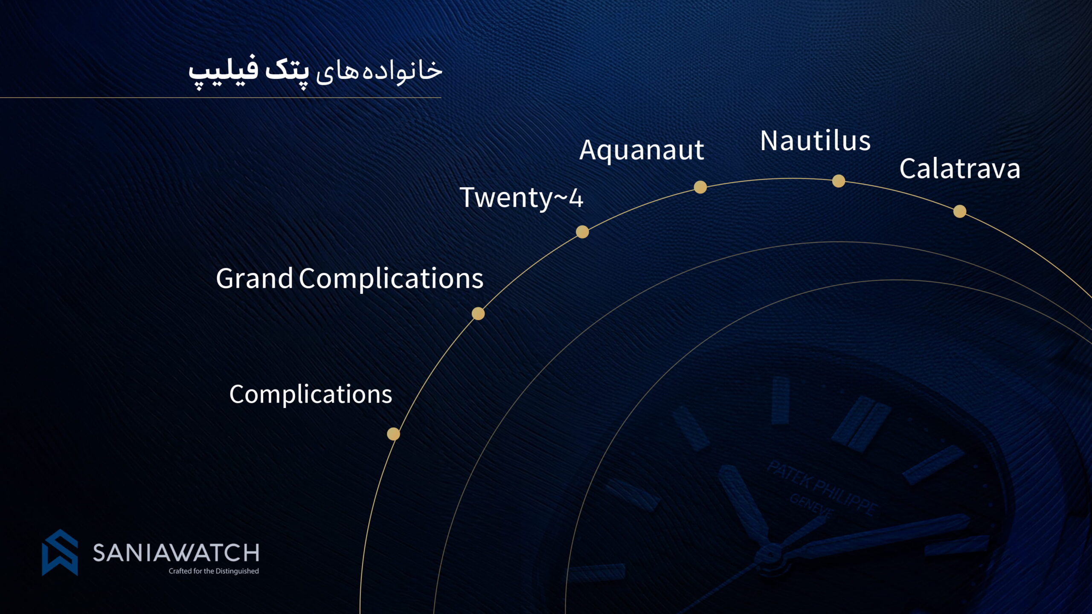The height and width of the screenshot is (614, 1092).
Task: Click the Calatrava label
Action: coord(960,168)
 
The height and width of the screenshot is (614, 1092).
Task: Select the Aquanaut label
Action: coord(642,151)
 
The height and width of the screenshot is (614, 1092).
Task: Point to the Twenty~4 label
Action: coord(521,198)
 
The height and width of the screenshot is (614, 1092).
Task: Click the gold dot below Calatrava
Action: coord(960,211)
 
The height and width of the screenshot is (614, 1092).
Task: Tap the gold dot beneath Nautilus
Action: coord(839,181)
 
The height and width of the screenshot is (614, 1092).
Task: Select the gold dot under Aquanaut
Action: coord(700,187)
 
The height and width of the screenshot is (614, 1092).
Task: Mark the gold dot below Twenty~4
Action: coord(582,232)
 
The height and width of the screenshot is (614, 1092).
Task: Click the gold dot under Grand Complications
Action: coord(478,314)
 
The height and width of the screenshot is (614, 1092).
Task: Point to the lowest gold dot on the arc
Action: coord(393,434)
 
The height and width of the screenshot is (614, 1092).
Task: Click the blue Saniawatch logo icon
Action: coord(60,553)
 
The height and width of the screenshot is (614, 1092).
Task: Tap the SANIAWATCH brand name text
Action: coord(176,553)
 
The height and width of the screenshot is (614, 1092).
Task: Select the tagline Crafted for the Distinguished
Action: coord(214,571)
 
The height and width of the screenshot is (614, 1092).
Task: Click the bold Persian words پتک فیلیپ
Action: coord(249,71)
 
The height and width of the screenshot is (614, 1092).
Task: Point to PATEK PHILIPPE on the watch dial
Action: coord(822,488)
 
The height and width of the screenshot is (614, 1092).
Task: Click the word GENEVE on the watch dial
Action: coord(811,506)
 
